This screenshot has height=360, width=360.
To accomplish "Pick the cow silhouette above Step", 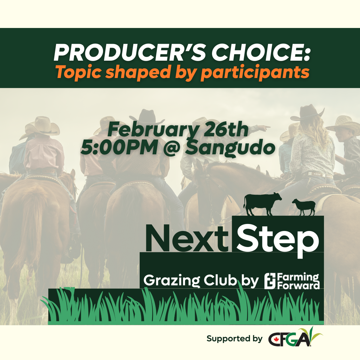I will tap(262, 204).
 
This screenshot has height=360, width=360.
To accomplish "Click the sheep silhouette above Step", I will tap(304, 207).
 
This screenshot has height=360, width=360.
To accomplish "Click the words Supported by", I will tap(234, 339).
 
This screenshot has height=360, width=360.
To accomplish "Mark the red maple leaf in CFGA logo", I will tap(275, 339).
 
